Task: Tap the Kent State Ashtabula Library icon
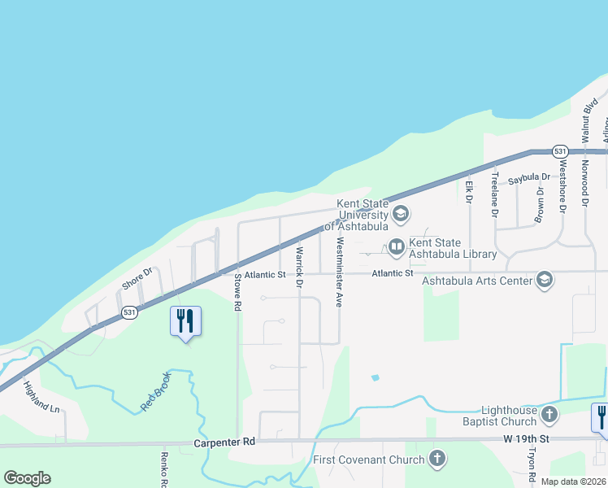click(396, 246)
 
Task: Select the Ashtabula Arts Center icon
click(544, 281)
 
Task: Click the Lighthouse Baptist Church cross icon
click(549, 415)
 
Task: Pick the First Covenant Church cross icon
click(437, 459)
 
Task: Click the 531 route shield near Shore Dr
click(128, 312)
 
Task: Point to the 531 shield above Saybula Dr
click(559, 151)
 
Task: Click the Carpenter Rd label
click(225, 442)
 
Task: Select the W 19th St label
click(526, 439)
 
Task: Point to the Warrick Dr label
click(299, 268)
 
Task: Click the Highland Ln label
click(42, 397)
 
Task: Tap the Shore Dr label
click(137, 279)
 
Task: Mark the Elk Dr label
click(469, 190)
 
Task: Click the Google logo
click(27, 478)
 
